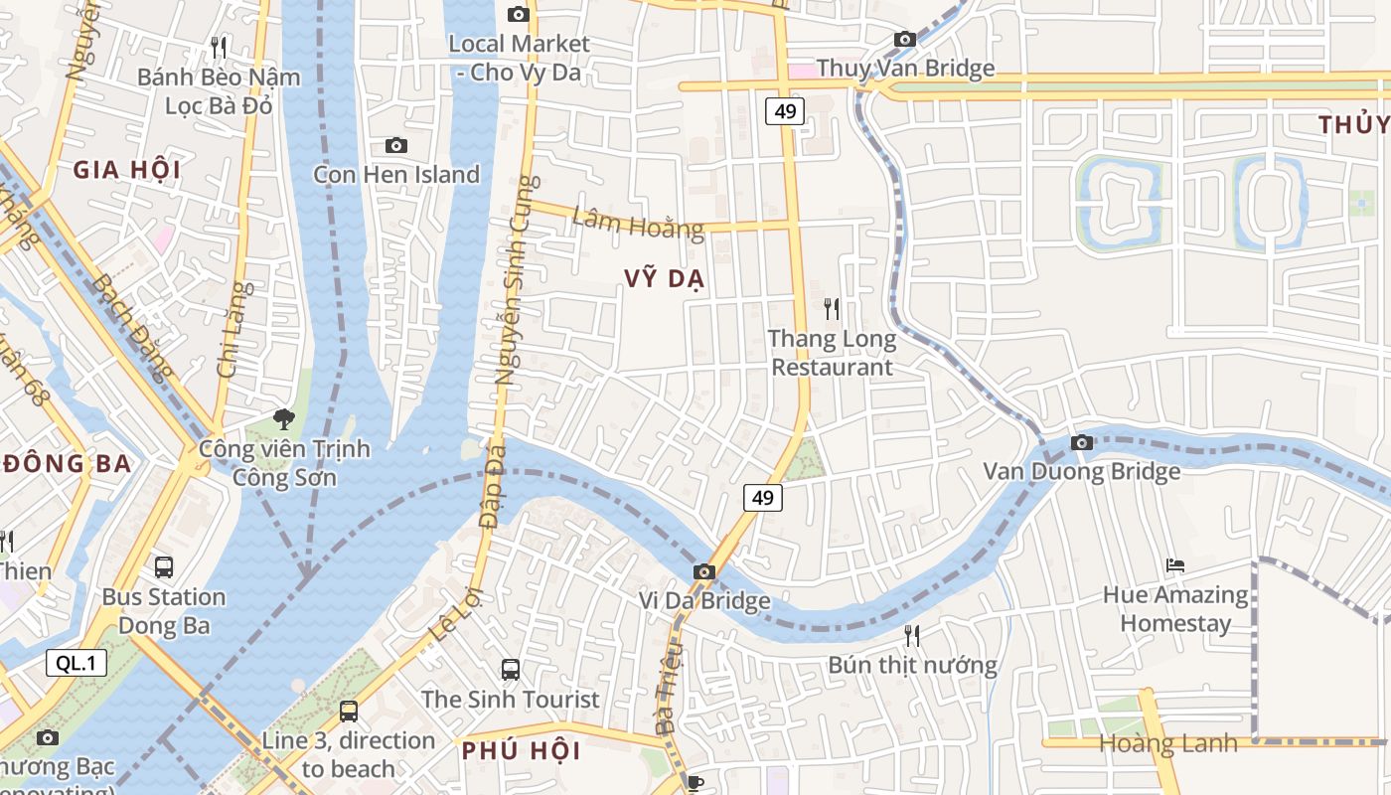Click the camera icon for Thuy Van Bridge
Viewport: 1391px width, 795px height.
click(904, 40)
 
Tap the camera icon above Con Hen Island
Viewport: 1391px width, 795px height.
click(395, 146)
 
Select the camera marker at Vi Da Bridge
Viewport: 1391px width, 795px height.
click(703, 571)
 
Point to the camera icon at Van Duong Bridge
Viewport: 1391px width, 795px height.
click(1082, 442)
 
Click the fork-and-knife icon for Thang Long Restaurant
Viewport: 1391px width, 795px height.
click(832, 309)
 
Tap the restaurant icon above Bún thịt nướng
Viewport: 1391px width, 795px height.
click(911, 636)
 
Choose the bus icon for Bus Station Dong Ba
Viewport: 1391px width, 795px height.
click(164, 567)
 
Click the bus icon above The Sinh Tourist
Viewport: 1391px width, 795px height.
click(510, 670)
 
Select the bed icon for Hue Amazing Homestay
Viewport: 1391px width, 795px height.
click(1175, 565)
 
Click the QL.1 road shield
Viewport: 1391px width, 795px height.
click(77, 663)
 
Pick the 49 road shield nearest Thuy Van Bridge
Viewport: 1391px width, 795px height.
click(784, 110)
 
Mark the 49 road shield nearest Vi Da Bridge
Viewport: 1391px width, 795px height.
click(763, 498)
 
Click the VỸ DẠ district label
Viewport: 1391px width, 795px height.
click(665, 279)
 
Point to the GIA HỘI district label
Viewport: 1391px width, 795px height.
click(126, 170)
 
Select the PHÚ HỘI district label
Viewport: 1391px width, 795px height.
click(522, 750)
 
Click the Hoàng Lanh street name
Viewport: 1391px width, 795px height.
click(1168, 743)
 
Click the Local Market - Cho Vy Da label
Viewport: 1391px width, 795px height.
click(519, 58)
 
